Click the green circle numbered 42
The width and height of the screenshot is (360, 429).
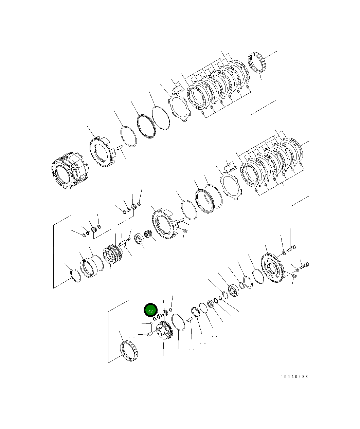(x=150, y=311)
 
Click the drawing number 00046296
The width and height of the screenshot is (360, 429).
(x=294, y=376)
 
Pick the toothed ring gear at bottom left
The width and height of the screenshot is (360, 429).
(x=129, y=351)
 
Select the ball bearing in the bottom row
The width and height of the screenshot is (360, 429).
(x=233, y=291)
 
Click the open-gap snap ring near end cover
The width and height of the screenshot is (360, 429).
(x=248, y=282)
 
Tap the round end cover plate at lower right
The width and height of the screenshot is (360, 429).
(x=272, y=268)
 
